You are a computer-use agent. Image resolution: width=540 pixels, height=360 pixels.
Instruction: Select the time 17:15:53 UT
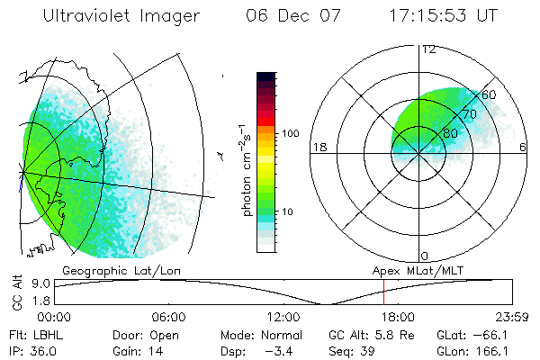pos(443,16)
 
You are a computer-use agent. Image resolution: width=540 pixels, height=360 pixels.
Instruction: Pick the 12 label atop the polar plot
pos(428,49)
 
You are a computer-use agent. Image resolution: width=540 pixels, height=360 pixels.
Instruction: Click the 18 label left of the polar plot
pos(317,147)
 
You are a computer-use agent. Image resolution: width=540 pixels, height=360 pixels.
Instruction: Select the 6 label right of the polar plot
pos(523,147)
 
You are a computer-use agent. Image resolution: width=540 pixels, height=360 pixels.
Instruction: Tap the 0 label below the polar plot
pos(424,256)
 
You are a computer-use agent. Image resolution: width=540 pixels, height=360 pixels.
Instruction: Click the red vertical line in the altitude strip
pos(383,292)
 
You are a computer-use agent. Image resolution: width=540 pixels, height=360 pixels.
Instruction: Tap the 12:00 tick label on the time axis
pos(283,316)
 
